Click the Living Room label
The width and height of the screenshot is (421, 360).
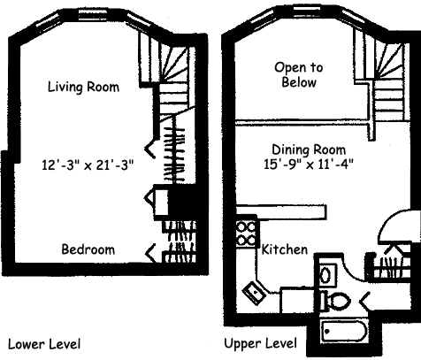pos(83,87)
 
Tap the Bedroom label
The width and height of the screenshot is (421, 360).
pos(88,249)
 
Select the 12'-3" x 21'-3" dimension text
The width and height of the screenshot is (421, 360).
pos(88,165)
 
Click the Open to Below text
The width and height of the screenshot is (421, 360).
pos(299,74)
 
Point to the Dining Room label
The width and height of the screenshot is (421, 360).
pos(309,149)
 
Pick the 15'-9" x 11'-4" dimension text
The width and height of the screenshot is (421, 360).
pos(309,165)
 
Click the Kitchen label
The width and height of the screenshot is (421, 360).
pos(285,249)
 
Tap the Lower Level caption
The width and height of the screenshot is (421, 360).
pos(44,344)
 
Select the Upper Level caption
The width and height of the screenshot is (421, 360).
pos(260,343)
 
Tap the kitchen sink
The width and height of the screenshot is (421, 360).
pos(254,293)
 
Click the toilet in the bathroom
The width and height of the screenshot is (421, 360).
pos(335,301)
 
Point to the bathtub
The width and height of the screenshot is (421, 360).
pos(344,331)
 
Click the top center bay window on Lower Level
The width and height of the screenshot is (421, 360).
pos(92,15)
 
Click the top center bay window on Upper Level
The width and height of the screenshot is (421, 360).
pos(308,11)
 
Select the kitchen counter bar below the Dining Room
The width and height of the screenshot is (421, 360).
pos(281,212)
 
